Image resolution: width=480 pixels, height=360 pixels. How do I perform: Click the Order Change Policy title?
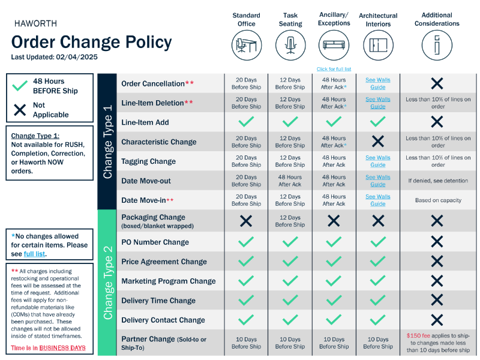click(91, 42)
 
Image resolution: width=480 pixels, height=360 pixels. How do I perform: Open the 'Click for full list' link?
click(334, 69)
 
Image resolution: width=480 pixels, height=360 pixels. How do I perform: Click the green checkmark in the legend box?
click(20, 85)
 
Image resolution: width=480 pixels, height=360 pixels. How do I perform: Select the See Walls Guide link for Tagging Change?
click(378, 161)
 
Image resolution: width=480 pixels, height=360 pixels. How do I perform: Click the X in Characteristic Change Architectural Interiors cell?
click(378, 142)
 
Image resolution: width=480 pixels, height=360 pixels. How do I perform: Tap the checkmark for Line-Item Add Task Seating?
click(290, 122)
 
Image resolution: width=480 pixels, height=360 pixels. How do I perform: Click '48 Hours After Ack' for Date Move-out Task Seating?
click(290, 181)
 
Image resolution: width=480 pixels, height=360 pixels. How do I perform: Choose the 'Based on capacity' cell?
click(437, 200)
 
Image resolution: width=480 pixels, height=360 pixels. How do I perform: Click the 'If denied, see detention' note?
click(437, 181)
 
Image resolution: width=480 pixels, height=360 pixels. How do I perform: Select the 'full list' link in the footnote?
click(34, 254)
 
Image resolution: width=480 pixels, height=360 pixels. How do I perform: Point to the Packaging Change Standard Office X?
click(246, 221)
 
